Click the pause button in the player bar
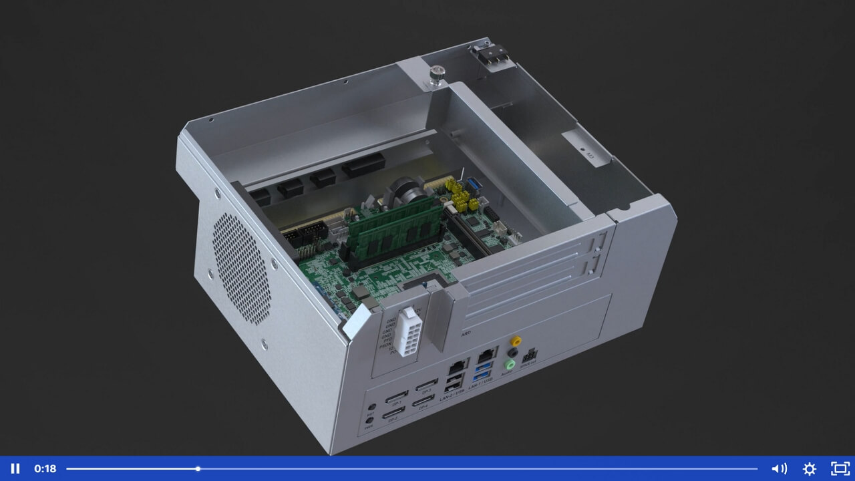pyautogui.click(x=15, y=468)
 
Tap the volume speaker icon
pyautogui.click(x=779, y=468)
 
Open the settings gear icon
pyautogui.click(x=810, y=468)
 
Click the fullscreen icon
pyautogui.click(x=840, y=468)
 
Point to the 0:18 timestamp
pyautogui.click(x=45, y=468)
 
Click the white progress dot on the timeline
pyautogui.click(x=198, y=468)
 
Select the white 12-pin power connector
pyautogui.click(x=407, y=332)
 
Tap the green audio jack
pyautogui.click(x=510, y=364)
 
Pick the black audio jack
pyautogui.click(x=513, y=353)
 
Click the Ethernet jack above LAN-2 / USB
pyautogui.click(x=458, y=366)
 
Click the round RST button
pyautogui.click(x=371, y=406)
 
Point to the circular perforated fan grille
pyautogui.click(x=242, y=269)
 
